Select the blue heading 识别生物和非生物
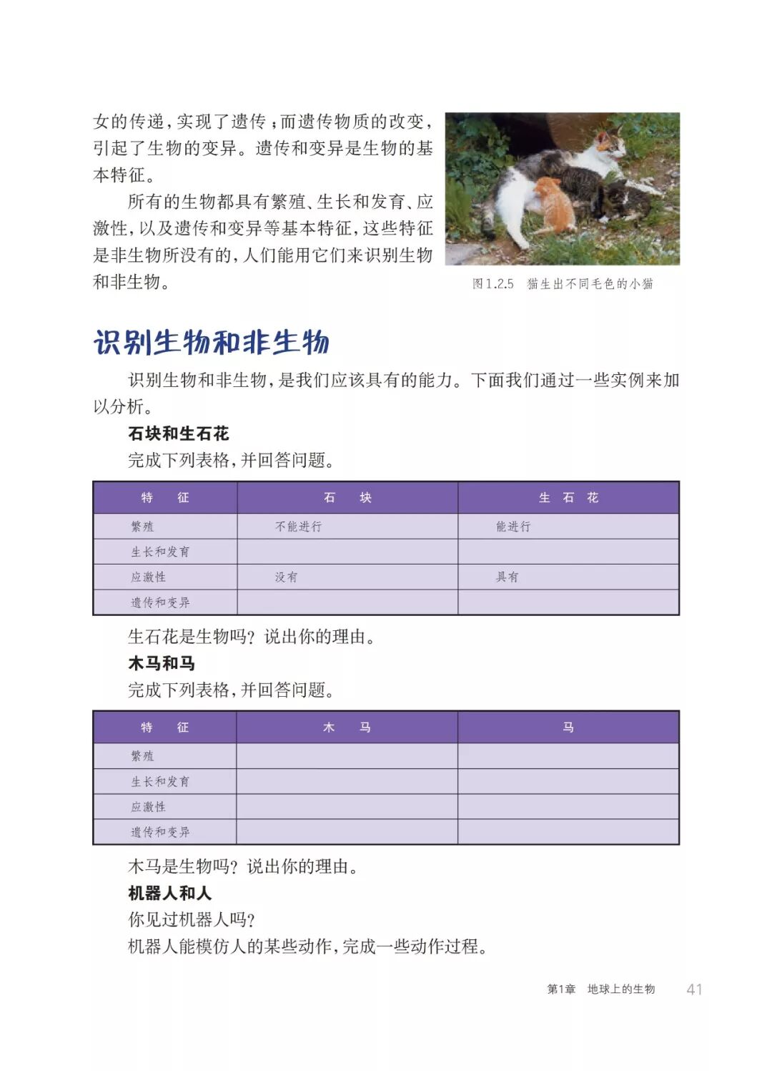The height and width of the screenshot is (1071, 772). pos(212,343)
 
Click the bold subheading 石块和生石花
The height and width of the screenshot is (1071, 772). pos(179,434)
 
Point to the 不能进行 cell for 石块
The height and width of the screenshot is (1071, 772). pos(299,527)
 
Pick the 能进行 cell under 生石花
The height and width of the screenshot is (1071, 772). pos(513,527)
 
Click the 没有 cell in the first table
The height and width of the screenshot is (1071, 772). pos(286,577)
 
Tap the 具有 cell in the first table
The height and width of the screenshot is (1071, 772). pos(507,577)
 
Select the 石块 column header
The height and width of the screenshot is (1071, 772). pos(347,498)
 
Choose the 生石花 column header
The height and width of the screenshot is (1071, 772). pos(568,498)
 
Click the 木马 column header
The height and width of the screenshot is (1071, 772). pos(347,728)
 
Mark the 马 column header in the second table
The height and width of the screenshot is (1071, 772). pos(568,728)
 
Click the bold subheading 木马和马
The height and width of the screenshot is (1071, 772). pos(162,663)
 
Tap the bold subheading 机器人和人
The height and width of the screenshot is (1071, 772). pos(170,893)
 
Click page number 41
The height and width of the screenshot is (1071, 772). pos(694,989)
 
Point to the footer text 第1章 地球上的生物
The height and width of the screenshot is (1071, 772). pos(600,989)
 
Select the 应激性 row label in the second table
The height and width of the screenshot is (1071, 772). pos(148,807)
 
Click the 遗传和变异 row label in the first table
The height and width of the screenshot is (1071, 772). pos(160,602)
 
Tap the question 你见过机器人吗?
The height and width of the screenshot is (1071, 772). pos(192,919)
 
